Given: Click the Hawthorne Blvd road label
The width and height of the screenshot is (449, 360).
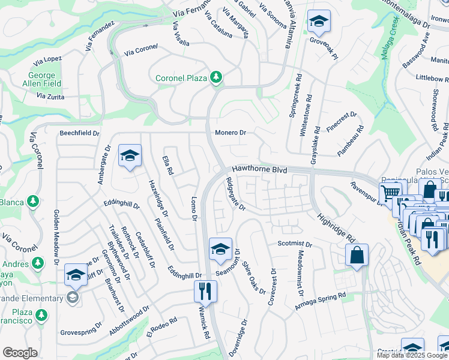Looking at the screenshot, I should tap(259, 170).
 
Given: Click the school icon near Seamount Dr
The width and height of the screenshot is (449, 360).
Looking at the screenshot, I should tap(220, 249).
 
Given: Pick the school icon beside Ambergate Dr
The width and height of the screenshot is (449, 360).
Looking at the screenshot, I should tap(130, 156).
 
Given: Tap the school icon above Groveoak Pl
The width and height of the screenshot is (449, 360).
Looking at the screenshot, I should tap(319, 22).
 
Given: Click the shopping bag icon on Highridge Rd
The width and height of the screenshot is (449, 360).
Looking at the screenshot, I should tap(357, 254).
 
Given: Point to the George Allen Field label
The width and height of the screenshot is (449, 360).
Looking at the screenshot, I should tap(41, 80).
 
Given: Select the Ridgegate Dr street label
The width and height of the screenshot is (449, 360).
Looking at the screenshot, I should tap(235, 194).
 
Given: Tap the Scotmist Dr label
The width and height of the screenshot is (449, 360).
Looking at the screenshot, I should tap(295, 244).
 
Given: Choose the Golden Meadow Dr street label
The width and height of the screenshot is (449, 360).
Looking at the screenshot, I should tap(56, 237).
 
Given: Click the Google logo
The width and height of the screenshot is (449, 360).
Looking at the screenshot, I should tap(20, 353).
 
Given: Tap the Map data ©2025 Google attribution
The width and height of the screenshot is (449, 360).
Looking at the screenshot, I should tap(411, 355).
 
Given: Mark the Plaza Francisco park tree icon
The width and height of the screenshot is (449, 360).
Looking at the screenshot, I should tap(41, 315).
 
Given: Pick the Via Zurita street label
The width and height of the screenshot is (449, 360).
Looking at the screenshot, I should tap(50, 95).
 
